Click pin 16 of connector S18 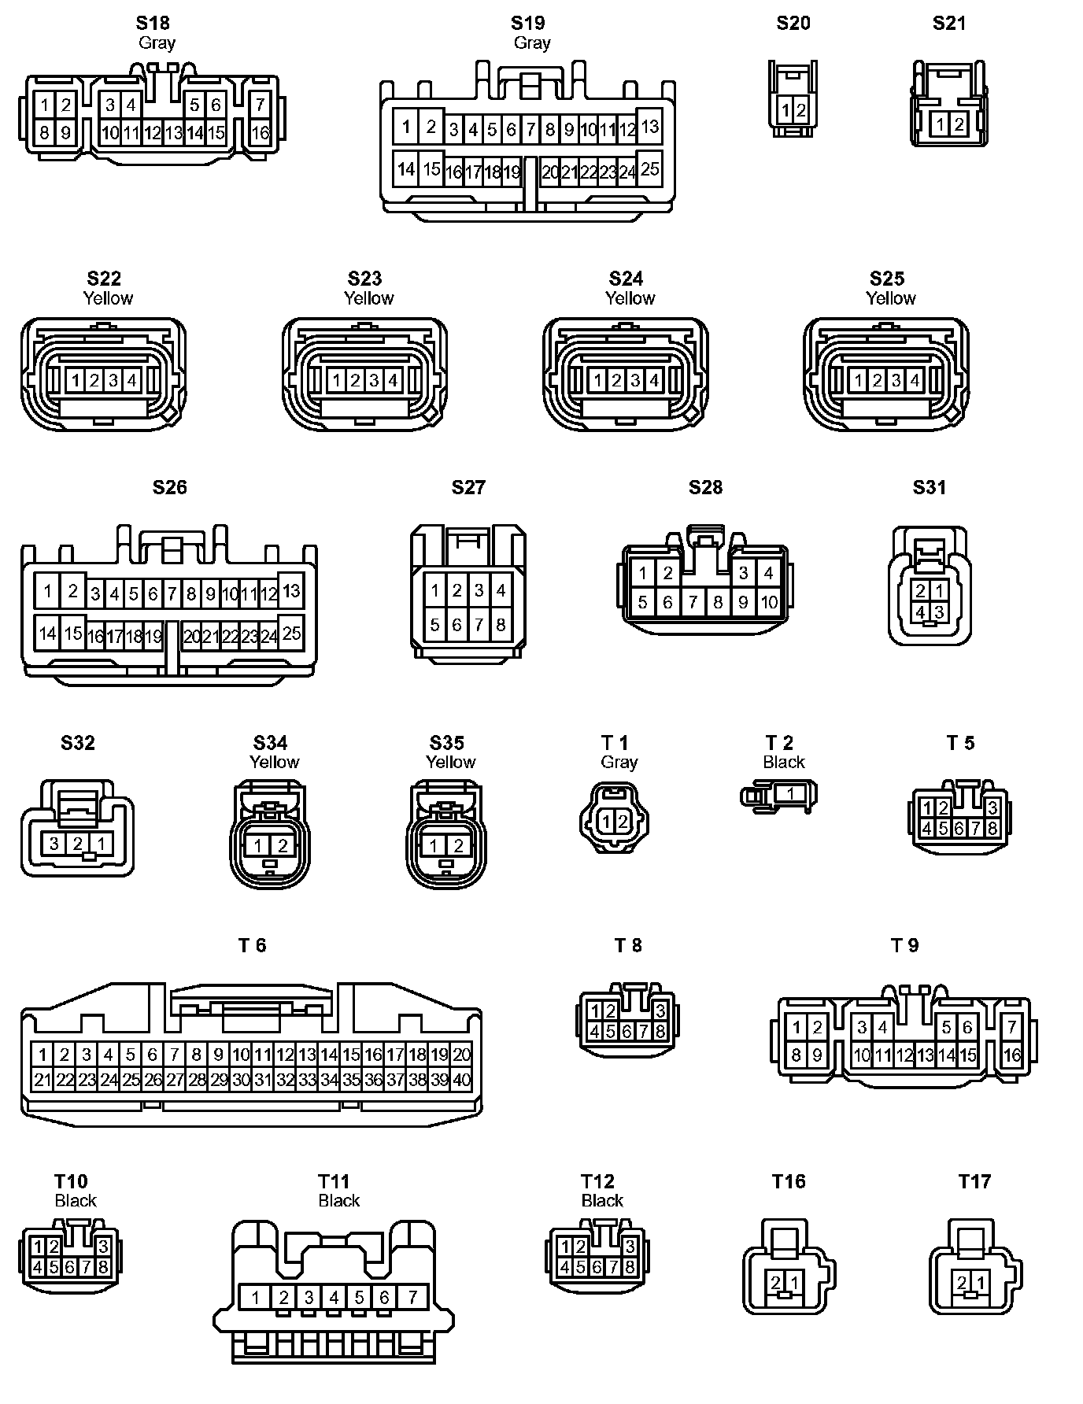tap(261, 133)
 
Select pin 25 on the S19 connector tap(649, 168)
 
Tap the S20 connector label tap(793, 23)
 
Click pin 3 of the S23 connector tap(374, 381)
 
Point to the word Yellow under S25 tap(890, 298)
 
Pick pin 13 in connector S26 tap(291, 590)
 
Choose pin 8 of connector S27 tap(501, 626)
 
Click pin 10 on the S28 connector tap(769, 603)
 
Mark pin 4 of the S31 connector tap(920, 611)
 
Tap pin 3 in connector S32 tap(54, 844)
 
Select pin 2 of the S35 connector tap(458, 846)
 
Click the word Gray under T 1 tap(619, 762)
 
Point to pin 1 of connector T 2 tap(790, 793)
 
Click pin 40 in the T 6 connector tap(462, 1080)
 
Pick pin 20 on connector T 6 tap(462, 1055)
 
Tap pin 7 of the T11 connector tap(412, 1296)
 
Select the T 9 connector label tap(904, 945)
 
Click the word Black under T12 tap(602, 1200)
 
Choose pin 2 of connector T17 tap(961, 1283)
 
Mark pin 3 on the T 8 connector tap(660, 1011)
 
